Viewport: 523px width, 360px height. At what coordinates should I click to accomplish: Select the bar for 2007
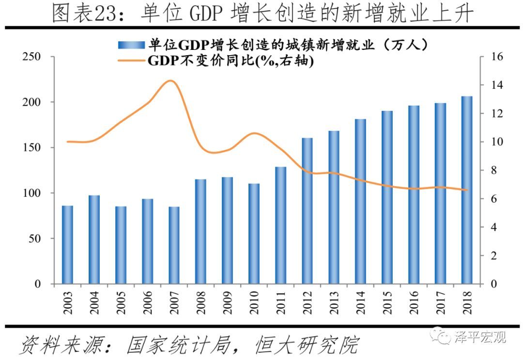click(174, 245)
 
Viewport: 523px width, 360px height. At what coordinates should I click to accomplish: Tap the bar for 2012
click(307, 211)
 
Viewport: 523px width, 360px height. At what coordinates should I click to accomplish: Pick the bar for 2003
click(67, 245)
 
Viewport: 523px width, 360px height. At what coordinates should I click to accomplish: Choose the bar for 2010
click(254, 234)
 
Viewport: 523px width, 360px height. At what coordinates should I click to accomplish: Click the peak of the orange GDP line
click(170, 80)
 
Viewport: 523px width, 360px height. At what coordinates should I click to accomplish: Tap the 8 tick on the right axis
click(493, 171)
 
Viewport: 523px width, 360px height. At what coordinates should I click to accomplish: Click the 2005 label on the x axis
click(121, 303)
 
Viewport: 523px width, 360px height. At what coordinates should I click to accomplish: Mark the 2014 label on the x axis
click(360, 303)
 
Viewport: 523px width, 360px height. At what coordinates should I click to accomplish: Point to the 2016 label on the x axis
click(414, 303)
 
